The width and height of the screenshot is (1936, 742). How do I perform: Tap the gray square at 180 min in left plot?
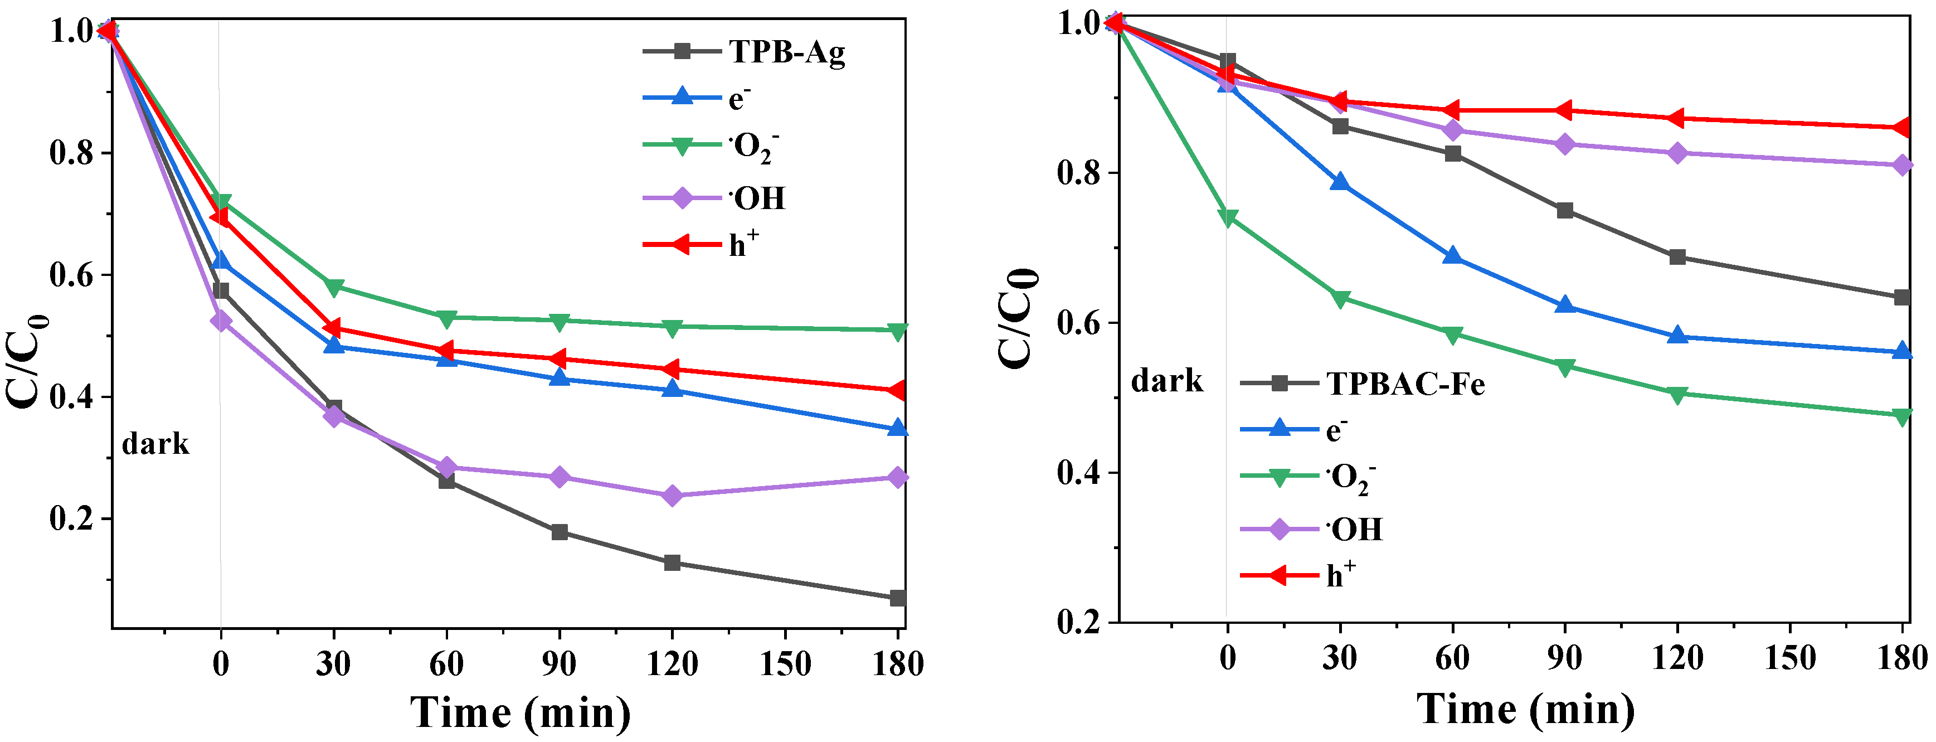[x=897, y=598]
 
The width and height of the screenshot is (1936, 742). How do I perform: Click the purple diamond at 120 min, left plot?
[x=672, y=496]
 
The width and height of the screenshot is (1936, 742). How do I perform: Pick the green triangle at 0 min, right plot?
[x=1227, y=218]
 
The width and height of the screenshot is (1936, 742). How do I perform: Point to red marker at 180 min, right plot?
[x=1901, y=128]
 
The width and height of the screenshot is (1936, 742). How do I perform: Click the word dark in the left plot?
[x=155, y=444]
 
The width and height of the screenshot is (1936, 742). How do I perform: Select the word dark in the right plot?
[x=1166, y=381]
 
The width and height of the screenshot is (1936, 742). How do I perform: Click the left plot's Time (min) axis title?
[x=520, y=712]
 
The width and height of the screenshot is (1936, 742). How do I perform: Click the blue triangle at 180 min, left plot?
[x=897, y=429]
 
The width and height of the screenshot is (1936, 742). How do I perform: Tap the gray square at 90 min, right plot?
[x=1565, y=211]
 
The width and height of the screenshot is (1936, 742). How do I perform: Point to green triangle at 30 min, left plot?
[x=334, y=287]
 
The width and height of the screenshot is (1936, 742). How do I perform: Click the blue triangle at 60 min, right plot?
[x=1452, y=257]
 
